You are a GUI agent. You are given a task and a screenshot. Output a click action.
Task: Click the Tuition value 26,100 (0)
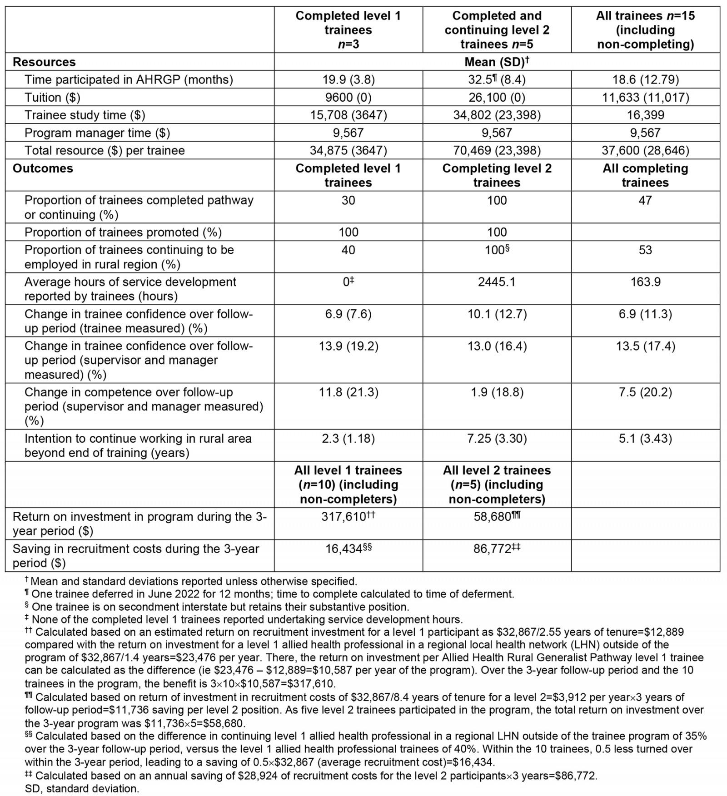click(497, 97)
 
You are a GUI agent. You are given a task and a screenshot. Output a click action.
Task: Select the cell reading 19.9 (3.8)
click(348, 79)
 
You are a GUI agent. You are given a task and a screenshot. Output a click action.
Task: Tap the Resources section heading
click(44, 62)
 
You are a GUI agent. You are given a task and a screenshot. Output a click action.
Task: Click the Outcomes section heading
click(43, 168)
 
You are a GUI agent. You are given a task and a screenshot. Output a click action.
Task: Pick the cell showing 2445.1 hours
click(497, 282)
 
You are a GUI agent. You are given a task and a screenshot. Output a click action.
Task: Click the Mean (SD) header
click(497, 62)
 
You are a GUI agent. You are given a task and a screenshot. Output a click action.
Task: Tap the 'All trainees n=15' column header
click(645, 30)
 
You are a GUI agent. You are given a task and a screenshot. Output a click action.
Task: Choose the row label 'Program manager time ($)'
click(97, 133)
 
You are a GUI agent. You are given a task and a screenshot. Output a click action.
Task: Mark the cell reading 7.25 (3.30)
click(497, 439)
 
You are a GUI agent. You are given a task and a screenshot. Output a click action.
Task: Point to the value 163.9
click(645, 282)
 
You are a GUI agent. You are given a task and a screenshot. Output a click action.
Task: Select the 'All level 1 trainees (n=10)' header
click(348, 485)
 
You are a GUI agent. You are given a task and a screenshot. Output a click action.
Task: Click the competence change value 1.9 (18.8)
click(497, 392)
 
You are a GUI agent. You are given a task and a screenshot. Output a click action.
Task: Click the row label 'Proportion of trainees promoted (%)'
click(123, 232)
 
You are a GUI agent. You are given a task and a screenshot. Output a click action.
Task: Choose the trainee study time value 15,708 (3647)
click(348, 115)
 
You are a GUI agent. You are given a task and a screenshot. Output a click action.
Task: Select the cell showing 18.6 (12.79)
click(645, 79)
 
